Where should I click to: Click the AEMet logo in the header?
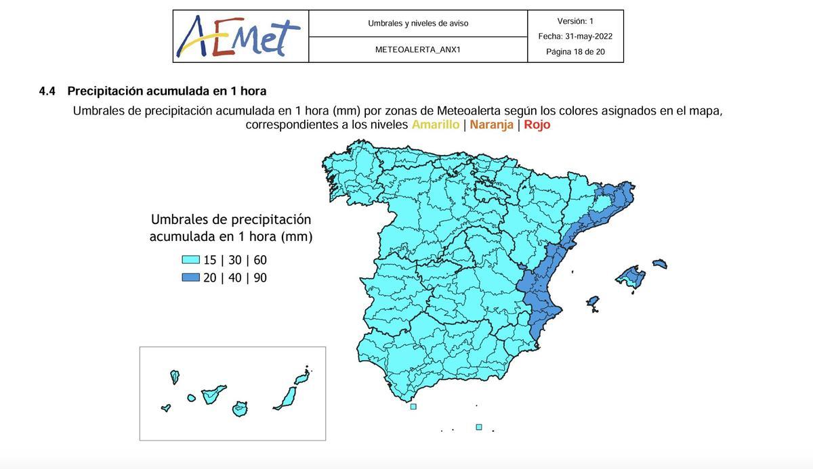click(238, 37)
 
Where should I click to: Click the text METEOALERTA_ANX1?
click(418, 49)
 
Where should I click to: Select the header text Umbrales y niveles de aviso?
click(418, 23)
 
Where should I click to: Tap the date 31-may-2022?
click(589, 37)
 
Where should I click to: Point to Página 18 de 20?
click(575, 51)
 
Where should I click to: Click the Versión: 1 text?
click(575, 21)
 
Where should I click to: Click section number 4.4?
click(47, 91)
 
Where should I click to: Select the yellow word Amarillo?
click(436, 125)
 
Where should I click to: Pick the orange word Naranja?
click(491, 125)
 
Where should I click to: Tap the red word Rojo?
click(537, 125)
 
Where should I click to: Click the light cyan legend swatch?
click(190, 260)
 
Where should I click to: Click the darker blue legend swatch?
click(190, 277)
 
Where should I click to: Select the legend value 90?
click(260, 277)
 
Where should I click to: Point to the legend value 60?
click(260, 260)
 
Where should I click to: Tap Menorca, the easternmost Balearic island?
click(660, 264)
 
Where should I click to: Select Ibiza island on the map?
click(593, 302)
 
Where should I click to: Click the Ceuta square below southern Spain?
click(413, 407)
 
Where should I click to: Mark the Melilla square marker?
click(479, 427)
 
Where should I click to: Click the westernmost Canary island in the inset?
click(166, 408)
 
